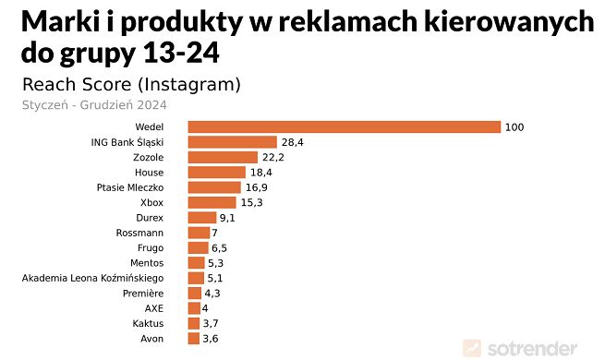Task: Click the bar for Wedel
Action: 344,126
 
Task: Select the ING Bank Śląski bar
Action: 232,142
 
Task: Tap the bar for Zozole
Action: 223,157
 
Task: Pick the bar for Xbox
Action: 212,202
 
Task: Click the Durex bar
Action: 201,218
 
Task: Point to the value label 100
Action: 514,126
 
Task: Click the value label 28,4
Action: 293,142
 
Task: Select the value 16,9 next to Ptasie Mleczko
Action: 256,187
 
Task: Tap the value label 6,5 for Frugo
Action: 219,247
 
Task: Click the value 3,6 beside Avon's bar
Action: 210,339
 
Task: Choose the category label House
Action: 149,173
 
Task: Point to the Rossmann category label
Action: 140,233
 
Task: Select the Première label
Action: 143,293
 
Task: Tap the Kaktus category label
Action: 149,323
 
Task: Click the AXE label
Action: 154,308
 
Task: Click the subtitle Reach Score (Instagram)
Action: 131,85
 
